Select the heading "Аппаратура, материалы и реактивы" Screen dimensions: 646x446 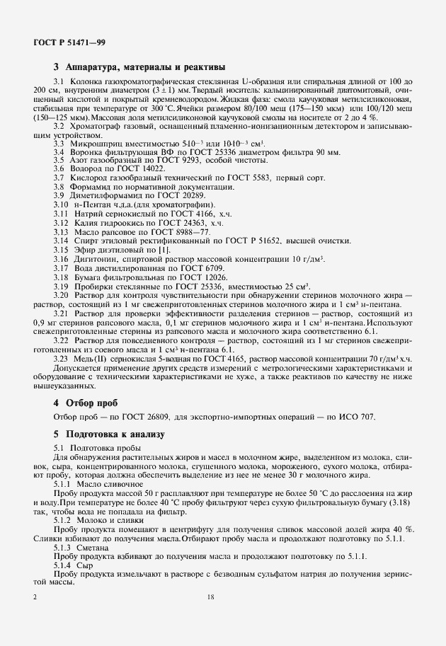coord(145,68)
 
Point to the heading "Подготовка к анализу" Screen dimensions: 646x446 coord(115,434)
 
